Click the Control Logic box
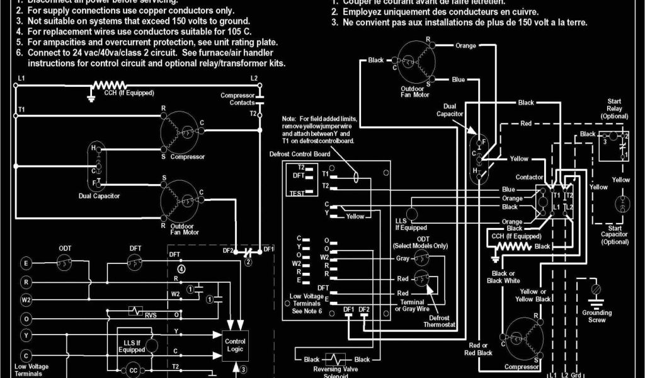pos(234,345)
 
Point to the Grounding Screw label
pos(596,316)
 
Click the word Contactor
pos(529,178)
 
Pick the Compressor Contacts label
pos(237,99)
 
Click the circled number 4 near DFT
pos(181,268)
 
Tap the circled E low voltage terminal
pos(26,263)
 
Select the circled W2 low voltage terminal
pos(26,300)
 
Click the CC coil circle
pos(134,370)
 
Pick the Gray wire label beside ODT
pos(402,258)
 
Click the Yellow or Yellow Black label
pos(534,295)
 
